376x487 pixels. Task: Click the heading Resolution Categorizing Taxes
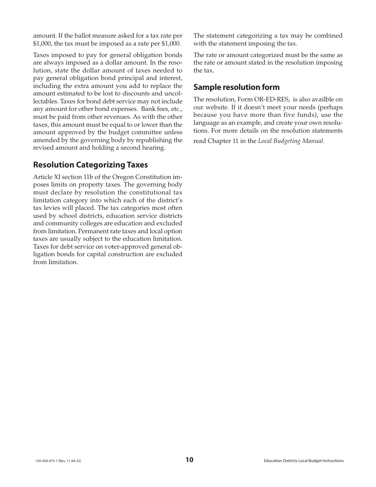point(91,165)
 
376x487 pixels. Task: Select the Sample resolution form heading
point(236,87)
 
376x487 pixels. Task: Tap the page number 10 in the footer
point(189,460)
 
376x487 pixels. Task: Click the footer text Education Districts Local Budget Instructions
point(304,461)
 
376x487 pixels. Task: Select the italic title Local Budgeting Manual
point(291,141)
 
